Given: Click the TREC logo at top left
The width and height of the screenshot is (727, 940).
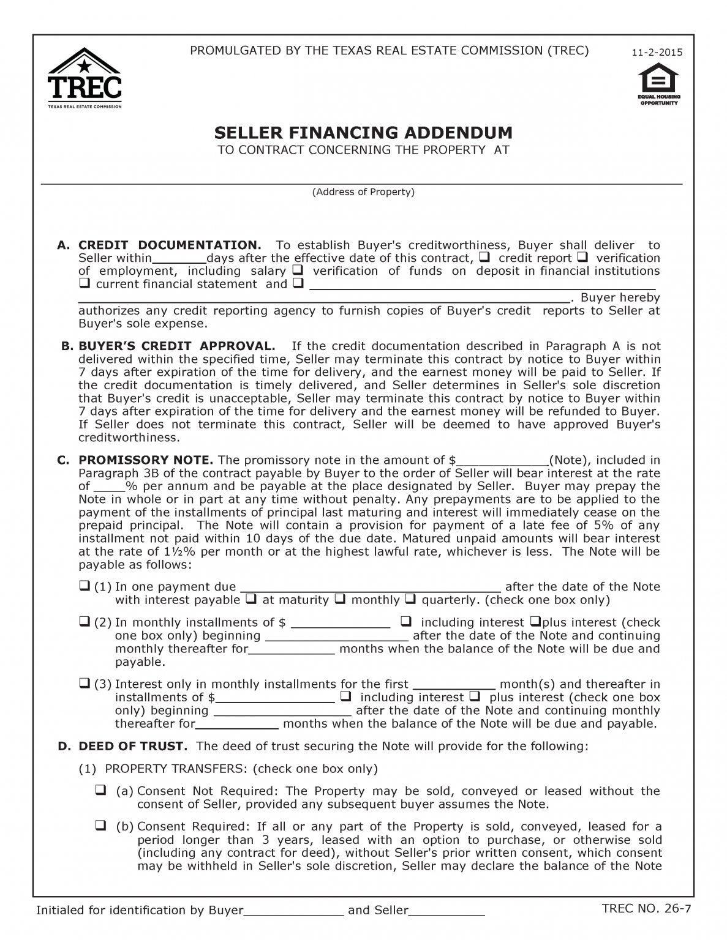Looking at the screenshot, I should pyautogui.click(x=85, y=78).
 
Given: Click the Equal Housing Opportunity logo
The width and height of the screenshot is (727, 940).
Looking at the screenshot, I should pyautogui.click(x=658, y=84).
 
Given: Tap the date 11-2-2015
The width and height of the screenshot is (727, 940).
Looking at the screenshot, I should pyautogui.click(x=657, y=53).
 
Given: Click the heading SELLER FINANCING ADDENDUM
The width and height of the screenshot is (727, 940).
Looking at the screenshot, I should pyautogui.click(x=363, y=133).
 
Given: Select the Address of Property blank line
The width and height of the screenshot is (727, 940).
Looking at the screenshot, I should pyautogui.click(x=361, y=179).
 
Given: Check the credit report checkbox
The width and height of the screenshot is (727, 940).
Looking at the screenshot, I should pyautogui.click(x=483, y=257).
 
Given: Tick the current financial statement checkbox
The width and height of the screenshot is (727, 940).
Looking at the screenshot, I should pyautogui.click(x=85, y=284).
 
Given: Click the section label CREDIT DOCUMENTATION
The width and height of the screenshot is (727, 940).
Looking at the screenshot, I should pyautogui.click(x=170, y=245).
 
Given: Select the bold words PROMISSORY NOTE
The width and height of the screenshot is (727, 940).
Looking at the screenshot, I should pyautogui.click(x=146, y=460).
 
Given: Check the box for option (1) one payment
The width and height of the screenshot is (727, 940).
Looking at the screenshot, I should pyautogui.click(x=85, y=586).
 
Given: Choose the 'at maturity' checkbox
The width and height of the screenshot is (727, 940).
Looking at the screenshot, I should pyautogui.click(x=250, y=599).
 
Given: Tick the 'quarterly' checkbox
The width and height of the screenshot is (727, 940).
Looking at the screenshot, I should pyautogui.click(x=410, y=599).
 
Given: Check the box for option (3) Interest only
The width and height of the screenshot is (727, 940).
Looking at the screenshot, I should pyautogui.click(x=85, y=683).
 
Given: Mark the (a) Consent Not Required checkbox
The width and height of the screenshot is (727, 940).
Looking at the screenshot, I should pyautogui.click(x=100, y=790).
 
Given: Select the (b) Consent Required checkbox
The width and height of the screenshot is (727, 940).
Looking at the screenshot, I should pyautogui.click(x=100, y=826).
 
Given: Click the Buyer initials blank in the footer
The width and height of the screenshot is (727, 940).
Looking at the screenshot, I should pyautogui.click(x=294, y=911).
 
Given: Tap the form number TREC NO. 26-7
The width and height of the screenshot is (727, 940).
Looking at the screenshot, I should pyautogui.click(x=642, y=908).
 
